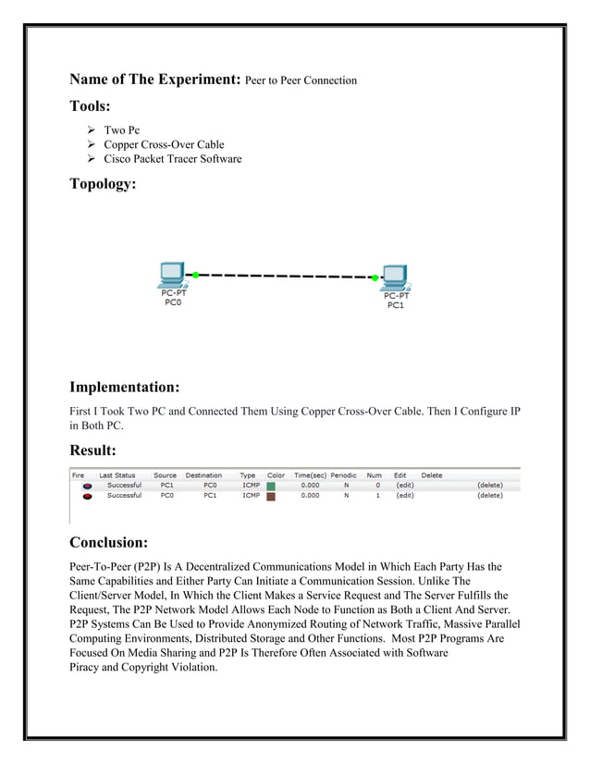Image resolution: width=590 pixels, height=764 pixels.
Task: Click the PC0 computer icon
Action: click(171, 276)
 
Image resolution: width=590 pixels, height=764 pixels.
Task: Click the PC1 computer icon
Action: click(396, 277)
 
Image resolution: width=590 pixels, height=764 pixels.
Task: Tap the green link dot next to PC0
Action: click(196, 275)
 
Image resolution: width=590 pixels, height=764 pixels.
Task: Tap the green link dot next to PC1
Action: click(375, 277)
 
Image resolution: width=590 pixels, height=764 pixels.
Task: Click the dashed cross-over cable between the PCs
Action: click(285, 276)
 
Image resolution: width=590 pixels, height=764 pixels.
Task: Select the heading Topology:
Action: click(103, 183)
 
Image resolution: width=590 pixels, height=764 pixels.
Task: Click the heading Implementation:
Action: click(124, 387)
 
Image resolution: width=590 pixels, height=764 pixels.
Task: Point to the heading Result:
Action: click(92, 450)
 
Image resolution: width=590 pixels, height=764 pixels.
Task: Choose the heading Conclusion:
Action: click(108, 542)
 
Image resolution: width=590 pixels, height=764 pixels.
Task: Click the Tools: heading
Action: click(90, 106)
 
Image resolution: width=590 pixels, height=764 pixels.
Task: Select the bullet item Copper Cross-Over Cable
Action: click(164, 144)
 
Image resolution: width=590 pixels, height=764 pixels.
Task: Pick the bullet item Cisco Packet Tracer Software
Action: click(172, 159)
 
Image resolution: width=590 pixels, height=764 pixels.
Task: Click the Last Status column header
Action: click(117, 475)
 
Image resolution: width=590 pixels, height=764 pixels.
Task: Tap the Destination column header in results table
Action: click(203, 475)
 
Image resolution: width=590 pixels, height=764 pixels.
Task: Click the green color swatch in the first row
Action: click(271, 486)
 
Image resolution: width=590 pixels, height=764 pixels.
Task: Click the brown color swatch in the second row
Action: click(271, 496)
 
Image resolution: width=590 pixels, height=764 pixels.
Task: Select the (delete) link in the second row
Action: click(489, 496)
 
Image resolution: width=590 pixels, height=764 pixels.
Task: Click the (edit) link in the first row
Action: click(404, 486)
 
